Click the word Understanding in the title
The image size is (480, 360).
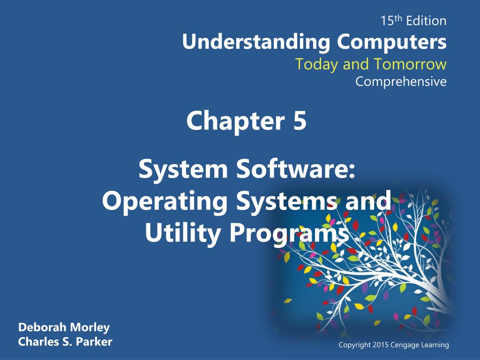point(256,42)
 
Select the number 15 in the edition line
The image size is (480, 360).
point(387,21)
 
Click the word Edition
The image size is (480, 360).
point(426,21)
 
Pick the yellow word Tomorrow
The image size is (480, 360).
point(410,64)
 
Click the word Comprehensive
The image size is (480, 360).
point(401,82)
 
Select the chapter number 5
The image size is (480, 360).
point(300,120)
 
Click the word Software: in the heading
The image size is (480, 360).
point(295,169)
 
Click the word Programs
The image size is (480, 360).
point(289,234)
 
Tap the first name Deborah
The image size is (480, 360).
point(42,327)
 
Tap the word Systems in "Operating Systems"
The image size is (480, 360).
point(286,202)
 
